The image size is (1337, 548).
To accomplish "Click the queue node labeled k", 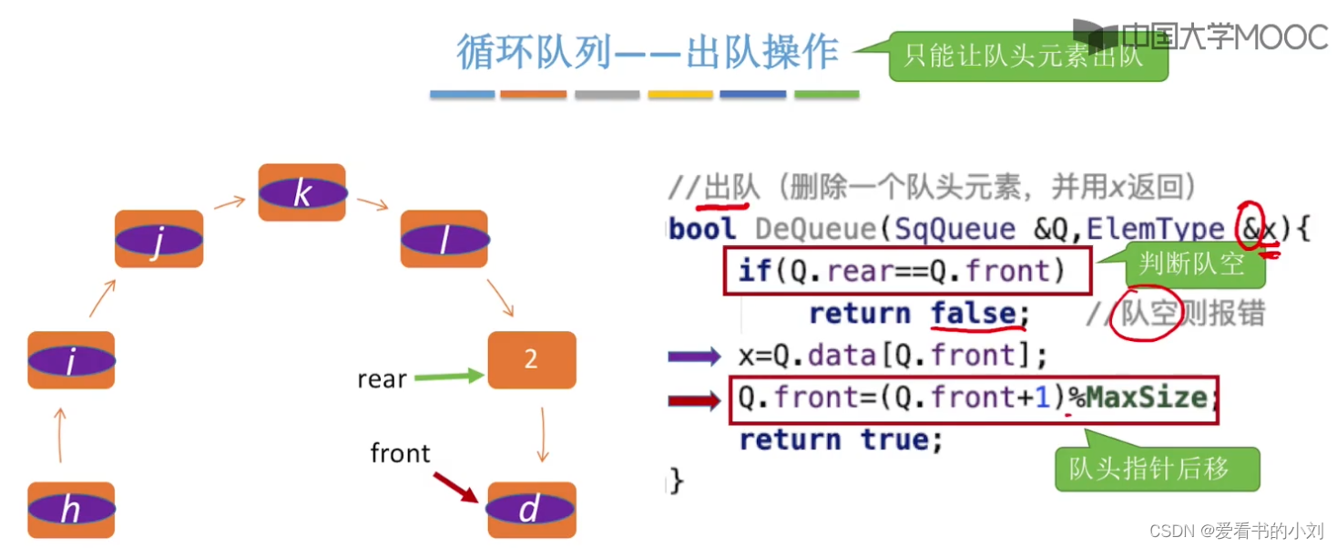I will [302, 192].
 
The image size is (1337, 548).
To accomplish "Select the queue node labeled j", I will [159, 239].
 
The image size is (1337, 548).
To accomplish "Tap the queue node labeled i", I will [71, 360].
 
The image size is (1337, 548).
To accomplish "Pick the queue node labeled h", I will [71, 510].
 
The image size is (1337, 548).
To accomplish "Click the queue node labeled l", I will [444, 239].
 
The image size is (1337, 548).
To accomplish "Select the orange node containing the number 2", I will [532, 359].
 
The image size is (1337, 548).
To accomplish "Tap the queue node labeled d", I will [532, 510].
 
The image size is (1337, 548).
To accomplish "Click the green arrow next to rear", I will [449, 376].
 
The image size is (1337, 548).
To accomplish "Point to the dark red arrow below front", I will [455, 487].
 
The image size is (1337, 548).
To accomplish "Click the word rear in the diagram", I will [382, 379].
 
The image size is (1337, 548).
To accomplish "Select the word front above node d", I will [401, 452].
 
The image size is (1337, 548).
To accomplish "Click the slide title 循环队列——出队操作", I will [648, 53].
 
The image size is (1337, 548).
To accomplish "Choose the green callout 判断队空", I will [1190, 264].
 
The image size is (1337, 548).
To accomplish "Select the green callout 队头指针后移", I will [1155, 469].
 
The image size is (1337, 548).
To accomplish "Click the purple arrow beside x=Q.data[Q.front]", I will [695, 356].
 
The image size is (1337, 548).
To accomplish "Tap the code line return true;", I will [840, 439].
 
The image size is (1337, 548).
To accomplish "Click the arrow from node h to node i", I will [60, 435].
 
